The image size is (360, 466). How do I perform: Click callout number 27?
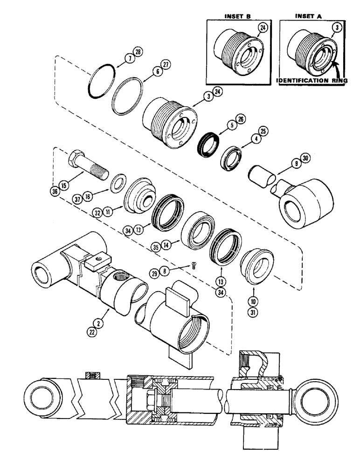click(164, 65)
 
